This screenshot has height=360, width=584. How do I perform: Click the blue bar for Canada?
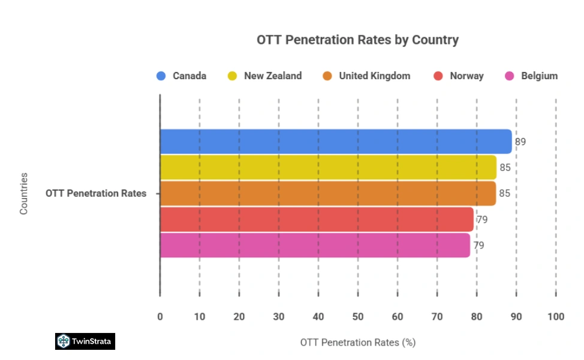pyautogui.click(x=336, y=142)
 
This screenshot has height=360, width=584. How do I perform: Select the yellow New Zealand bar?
pyautogui.click(x=328, y=167)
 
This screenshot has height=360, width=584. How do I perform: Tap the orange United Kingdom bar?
pyautogui.click(x=328, y=193)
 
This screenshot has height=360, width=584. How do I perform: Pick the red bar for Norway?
pyautogui.click(x=317, y=219)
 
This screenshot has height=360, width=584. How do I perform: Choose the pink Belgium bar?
pyautogui.click(x=315, y=245)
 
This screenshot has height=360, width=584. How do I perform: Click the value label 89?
pyautogui.click(x=520, y=142)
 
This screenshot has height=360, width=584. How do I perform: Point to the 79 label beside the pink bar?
pyautogui.click(x=478, y=245)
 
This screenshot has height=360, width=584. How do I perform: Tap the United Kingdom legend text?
pyautogui.click(x=374, y=76)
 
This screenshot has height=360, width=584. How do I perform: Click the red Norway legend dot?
pyautogui.click(x=438, y=76)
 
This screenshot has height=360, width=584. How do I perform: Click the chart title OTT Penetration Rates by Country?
pyautogui.click(x=357, y=40)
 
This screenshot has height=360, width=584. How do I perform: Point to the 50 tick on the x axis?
pyautogui.click(x=357, y=317)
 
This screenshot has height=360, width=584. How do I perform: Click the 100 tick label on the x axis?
pyautogui.click(x=555, y=317)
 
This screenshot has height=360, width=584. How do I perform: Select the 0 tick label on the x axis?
pyautogui.click(x=160, y=317)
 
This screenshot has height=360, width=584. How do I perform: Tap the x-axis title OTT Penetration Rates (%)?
pyautogui.click(x=357, y=343)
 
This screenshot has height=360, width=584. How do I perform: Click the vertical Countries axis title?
pyautogui.click(x=24, y=193)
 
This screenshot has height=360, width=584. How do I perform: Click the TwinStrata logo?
pyautogui.click(x=85, y=341)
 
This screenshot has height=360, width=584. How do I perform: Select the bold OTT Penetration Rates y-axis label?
pyautogui.click(x=95, y=193)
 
